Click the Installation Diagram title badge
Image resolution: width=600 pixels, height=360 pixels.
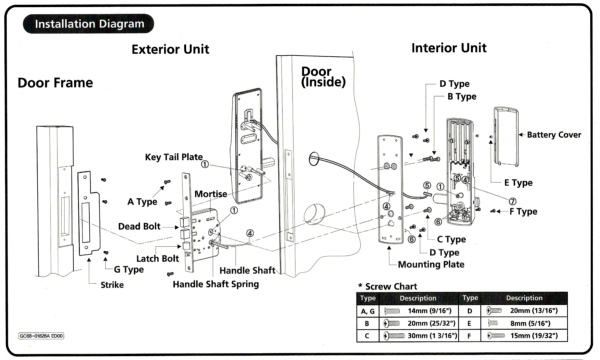[x=88, y=24]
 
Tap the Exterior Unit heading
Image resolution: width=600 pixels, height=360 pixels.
[x=170, y=49]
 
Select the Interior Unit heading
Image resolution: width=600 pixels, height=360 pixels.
[x=449, y=48]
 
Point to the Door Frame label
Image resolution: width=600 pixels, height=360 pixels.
[x=55, y=83]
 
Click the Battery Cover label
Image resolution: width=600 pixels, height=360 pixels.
[x=554, y=135]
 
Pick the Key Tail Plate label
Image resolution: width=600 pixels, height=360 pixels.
[x=174, y=157]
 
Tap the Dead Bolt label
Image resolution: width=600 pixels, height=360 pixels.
[x=139, y=226]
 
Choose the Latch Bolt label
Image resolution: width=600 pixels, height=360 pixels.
[x=157, y=259]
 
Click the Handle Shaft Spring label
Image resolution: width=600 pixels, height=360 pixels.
[x=216, y=284]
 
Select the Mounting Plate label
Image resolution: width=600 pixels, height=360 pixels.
[x=431, y=264]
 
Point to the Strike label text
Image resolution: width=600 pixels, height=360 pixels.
[x=112, y=285]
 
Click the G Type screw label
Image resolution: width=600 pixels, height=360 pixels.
[x=129, y=269]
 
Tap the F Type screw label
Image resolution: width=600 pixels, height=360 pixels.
[x=523, y=212]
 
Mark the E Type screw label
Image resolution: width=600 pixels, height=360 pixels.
[x=518, y=183]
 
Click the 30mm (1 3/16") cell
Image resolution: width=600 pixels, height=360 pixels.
[x=420, y=336]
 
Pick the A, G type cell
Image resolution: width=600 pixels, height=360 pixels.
[x=368, y=311]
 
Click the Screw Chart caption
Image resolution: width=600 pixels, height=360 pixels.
[x=387, y=287]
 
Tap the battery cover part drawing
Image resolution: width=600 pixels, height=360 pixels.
[x=506, y=137]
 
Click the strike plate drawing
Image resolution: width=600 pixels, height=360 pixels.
[x=88, y=213]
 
